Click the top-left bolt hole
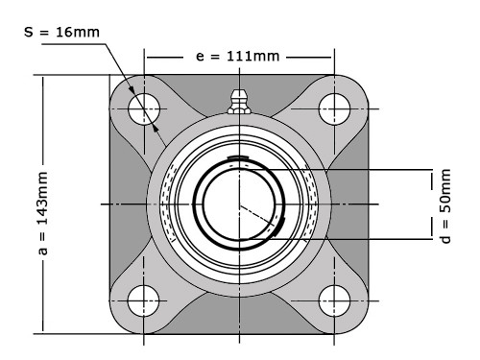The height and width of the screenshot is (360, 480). [144, 106]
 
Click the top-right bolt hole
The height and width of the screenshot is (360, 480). [333, 106]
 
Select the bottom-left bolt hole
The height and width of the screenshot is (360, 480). [144, 296]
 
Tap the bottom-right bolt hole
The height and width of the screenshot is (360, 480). [333, 296]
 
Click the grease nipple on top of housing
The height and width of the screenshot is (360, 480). [238, 100]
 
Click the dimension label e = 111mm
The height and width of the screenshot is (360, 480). [238, 56]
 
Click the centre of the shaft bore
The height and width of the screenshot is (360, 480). [238, 204]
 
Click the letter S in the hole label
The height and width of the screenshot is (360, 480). [30, 32]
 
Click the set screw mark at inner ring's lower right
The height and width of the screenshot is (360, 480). [279, 227]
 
